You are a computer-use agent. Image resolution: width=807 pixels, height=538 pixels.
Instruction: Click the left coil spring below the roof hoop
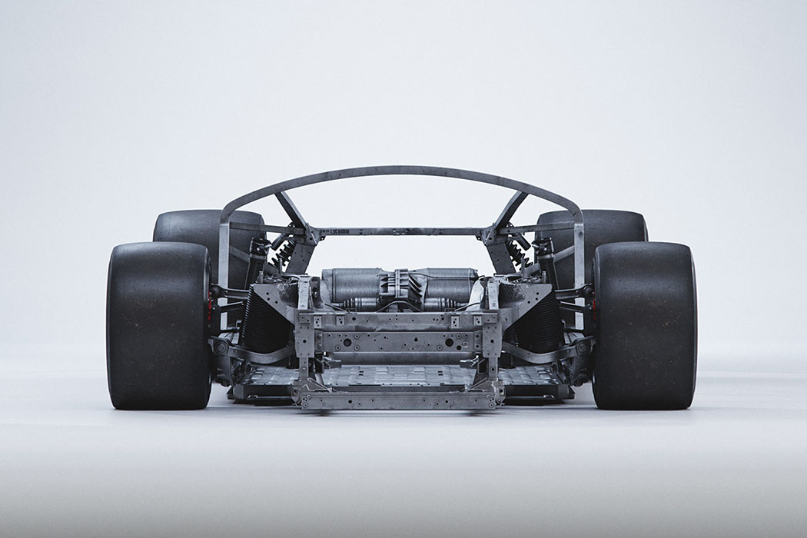[x=282, y=253]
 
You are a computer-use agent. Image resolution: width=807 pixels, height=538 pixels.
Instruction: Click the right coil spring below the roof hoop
[x=518, y=253]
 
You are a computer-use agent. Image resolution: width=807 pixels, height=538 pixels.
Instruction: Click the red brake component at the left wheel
[x=210, y=305]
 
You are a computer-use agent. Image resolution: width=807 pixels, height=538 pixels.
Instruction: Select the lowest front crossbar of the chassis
[x=398, y=399]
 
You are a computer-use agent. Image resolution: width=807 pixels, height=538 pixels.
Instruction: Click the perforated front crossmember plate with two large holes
[x=398, y=340]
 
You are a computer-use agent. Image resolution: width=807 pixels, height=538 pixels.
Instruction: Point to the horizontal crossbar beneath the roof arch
[x=400, y=231]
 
